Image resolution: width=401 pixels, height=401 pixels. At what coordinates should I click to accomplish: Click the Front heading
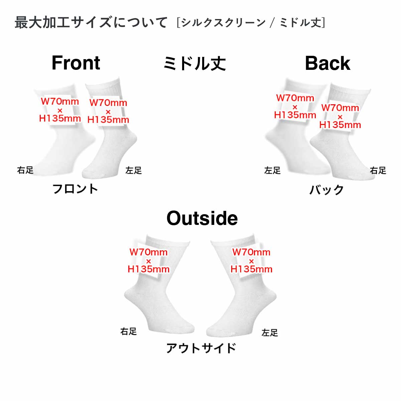(76, 63)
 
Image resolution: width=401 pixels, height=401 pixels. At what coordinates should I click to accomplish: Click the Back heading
(327, 63)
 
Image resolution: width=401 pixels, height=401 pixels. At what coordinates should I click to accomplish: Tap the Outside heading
(202, 218)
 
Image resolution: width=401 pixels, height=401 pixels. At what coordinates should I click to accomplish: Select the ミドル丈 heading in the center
(194, 63)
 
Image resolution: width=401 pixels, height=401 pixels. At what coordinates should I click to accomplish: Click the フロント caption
(75, 189)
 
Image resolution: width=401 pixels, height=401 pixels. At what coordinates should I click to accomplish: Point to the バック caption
(326, 190)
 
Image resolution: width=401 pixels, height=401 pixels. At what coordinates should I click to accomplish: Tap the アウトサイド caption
(201, 348)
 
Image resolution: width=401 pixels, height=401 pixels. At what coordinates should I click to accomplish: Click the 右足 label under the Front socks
(25, 170)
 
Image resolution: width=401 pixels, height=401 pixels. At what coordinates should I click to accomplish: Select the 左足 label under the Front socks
(134, 170)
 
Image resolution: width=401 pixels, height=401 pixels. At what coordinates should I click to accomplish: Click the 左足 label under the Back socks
(272, 170)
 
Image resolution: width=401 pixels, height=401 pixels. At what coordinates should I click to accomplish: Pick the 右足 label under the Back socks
(378, 170)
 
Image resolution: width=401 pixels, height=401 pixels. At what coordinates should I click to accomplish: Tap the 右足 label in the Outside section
(129, 331)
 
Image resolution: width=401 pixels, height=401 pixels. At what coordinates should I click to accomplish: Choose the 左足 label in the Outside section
(270, 332)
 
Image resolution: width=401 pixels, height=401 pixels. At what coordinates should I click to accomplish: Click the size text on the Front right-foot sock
(60, 110)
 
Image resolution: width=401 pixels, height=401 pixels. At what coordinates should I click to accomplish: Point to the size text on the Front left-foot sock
(108, 111)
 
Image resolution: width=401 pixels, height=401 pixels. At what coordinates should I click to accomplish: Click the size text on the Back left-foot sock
(295, 107)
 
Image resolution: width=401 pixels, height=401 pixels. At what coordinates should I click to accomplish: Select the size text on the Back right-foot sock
(340, 116)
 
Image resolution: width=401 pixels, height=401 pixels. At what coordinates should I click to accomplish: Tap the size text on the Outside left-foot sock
(251, 261)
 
